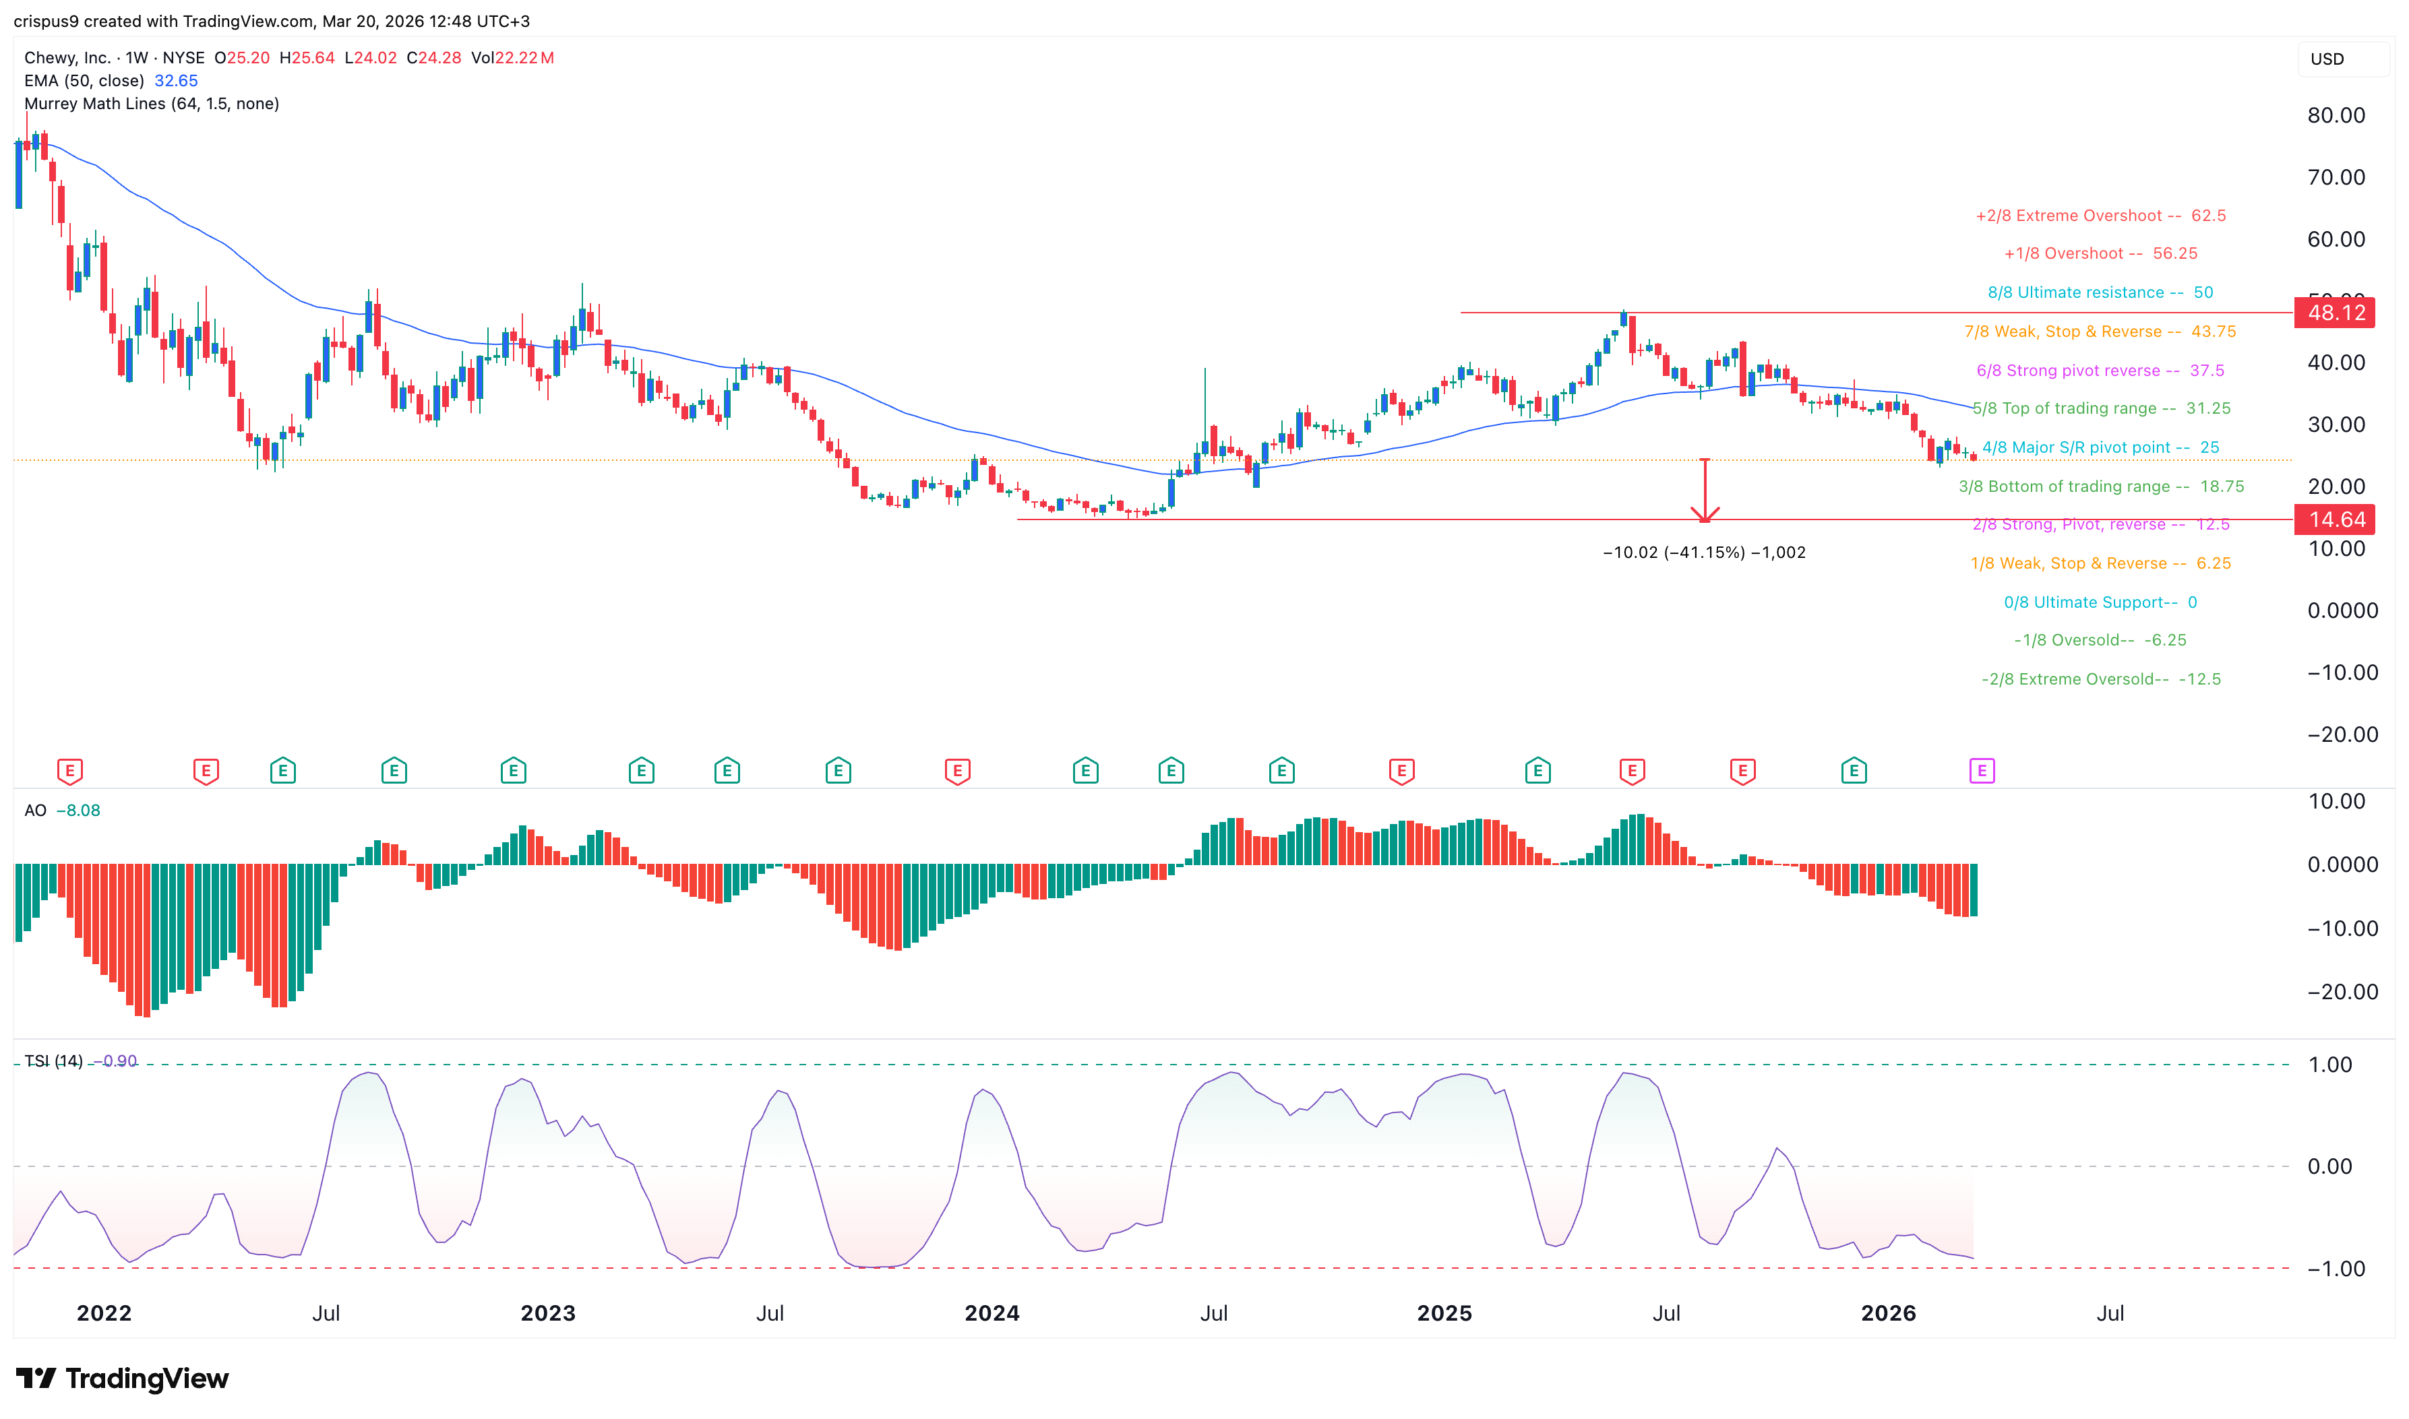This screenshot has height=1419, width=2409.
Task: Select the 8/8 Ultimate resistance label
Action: coord(2099,292)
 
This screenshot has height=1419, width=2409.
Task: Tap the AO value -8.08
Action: coord(78,811)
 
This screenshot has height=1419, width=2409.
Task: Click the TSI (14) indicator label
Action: coord(53,1061)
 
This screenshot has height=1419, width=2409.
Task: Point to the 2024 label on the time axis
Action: coord(992,1313)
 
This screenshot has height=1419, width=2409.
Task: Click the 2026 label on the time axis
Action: coord(1888,1313)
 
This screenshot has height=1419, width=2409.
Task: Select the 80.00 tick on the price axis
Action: coord(2336,116)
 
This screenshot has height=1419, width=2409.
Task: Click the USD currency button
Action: coord(2327,59)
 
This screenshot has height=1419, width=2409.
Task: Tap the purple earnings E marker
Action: coord(1982,771)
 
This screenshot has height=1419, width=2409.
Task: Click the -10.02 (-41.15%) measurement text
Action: coord(1703,553)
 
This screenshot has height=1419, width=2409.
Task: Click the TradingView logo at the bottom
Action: coord(123,1378)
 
